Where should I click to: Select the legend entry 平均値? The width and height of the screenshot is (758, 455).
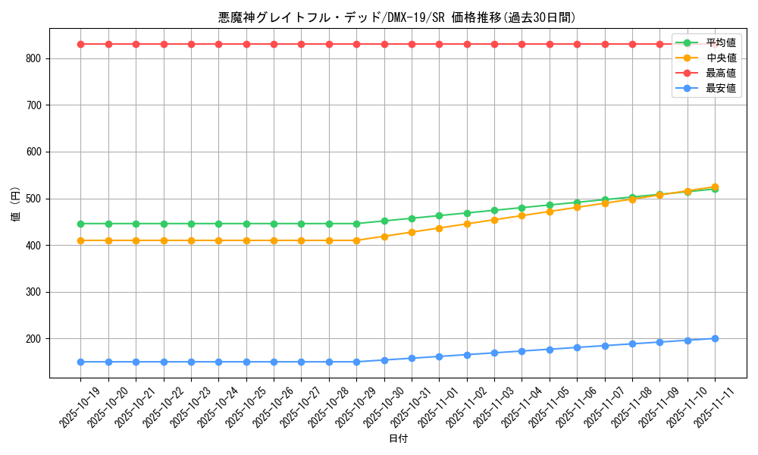720,42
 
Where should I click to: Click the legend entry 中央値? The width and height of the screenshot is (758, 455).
720,58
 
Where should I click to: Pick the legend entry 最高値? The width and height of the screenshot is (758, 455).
720,73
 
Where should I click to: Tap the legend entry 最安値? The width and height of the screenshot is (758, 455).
720,88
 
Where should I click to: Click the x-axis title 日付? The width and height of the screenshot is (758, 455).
398,439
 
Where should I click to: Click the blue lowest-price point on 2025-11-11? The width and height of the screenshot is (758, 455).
715,338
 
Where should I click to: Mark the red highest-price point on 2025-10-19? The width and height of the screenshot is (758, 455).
81,44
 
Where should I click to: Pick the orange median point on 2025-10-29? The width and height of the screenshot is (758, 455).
356,240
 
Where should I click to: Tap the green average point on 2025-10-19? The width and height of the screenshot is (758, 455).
81,224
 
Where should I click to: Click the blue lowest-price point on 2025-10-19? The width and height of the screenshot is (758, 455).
81,362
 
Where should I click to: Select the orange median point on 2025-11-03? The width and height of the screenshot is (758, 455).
494,220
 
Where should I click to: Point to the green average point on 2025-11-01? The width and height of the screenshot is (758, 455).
439,215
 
